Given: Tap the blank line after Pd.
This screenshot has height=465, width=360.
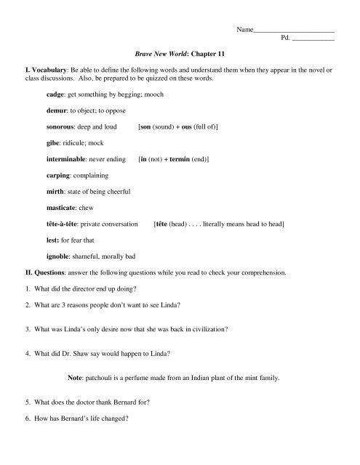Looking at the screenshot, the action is pyautogui.click(x=312, y=41).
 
